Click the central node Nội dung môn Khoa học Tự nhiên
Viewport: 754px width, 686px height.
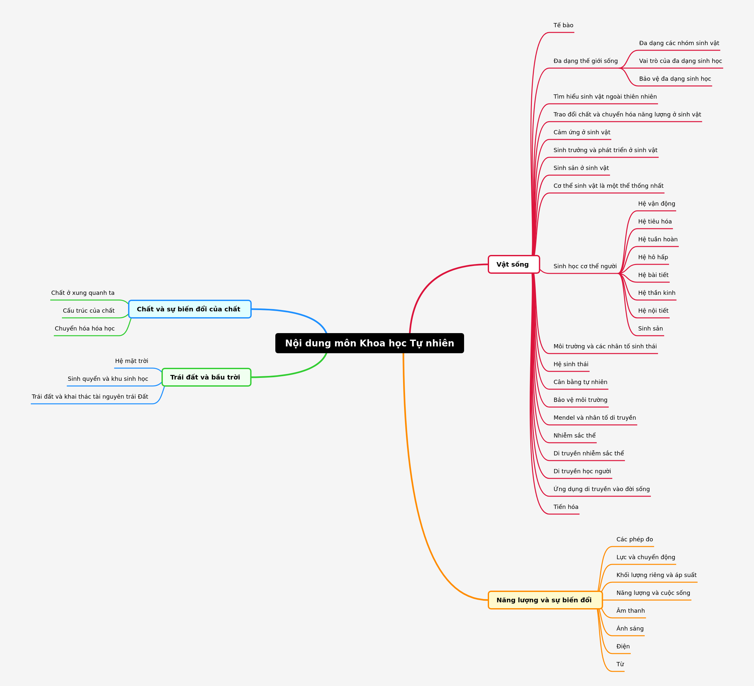click(x=369, y=343)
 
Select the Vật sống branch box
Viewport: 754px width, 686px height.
click(x=513, y=264)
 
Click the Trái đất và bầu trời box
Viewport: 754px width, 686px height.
click(x=206, y=377)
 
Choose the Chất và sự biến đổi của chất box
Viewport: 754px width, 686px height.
click(x=190, y=309)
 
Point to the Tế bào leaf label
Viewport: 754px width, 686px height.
click(x=563, y=25)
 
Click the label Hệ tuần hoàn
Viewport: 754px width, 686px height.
click(x=657, y=239)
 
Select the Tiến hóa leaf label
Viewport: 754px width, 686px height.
click(x=566, y=507)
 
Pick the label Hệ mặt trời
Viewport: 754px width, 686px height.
click(x=132, y=361)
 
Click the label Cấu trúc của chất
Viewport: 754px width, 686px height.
click(x=89, y=310)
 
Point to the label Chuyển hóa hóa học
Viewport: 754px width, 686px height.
click(x=85, y=329)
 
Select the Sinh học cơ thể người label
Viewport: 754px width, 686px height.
click(x=585, y=266)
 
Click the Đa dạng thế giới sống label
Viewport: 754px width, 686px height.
click(x=586, y=61)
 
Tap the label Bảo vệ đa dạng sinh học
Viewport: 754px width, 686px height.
click(x=675, y=79)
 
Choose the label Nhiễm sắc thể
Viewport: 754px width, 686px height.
click(x=574, y=435)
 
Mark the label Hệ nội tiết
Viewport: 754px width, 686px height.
click(x=653, y=310)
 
